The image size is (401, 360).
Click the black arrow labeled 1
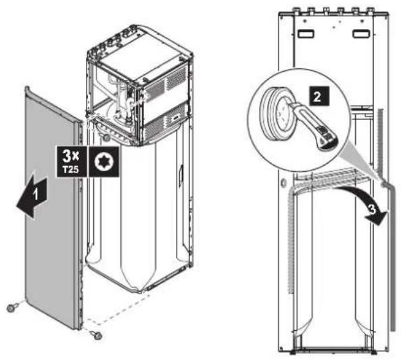coord(32,196)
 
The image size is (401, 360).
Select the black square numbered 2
coord(319,96)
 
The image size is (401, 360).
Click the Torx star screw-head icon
coord(103,162)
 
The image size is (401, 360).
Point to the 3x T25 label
coord(72,162)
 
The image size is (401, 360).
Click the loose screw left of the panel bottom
coord(13,307)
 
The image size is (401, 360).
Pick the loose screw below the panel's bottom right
coord(96,335)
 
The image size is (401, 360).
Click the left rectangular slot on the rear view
coord(306,34)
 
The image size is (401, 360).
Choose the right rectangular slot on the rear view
coord(361,34)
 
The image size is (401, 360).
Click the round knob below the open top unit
coord(106,137)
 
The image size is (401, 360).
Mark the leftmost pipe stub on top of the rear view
coord(297,11)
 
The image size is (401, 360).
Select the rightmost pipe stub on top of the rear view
coord(370,11)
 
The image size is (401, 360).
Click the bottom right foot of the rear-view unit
coord(373,353)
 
